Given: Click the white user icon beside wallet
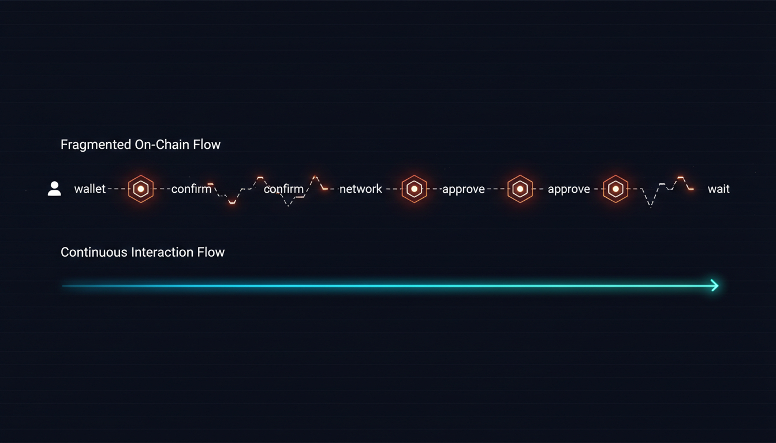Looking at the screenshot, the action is (x=54, y=189).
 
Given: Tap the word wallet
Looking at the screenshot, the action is (x=90, y=189).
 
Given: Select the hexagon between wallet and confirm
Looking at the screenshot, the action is (x=141, y=189).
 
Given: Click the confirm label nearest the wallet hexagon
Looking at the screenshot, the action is (x=191, y=189).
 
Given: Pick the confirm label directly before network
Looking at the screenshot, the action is (x=283, y=189).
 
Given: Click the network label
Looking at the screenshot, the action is (x=361, y=189).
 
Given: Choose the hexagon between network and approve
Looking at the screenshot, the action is (x=414, y=189).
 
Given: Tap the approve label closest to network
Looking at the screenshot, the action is (x=464, y=189).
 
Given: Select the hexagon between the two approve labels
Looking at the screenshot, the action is (x=520, y=189).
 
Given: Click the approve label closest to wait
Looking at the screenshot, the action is (x=569, y=189).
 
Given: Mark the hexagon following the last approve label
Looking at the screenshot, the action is (x=616, y=189).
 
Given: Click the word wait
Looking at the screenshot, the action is (x=718, y=189).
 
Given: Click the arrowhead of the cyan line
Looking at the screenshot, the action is (x=715, y=285).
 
